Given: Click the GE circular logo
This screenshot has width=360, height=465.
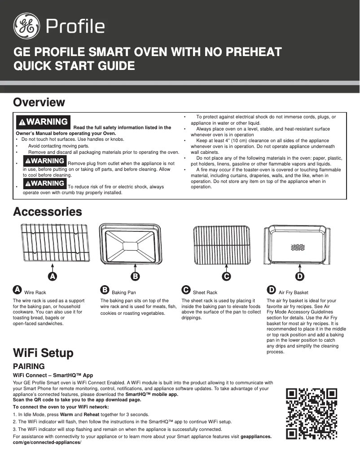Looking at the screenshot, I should click(26, 26).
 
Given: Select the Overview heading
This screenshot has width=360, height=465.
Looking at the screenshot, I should click(39, 102).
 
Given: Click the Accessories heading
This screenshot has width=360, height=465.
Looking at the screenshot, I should click(48, 212).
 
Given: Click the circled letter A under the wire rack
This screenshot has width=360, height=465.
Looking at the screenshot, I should click(53, 276).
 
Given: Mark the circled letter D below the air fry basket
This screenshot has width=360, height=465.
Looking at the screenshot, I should click(300, 276).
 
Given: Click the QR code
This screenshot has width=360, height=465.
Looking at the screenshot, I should click(312, 414).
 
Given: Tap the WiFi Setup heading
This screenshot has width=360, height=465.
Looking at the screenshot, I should click(43, 353).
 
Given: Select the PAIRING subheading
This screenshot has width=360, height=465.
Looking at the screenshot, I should click(29, 366).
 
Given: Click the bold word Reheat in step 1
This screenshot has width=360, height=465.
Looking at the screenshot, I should click(92, 414).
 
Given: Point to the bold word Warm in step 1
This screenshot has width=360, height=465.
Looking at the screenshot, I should click(66, 414).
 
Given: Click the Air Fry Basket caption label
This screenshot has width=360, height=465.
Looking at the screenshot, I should click(294, 292).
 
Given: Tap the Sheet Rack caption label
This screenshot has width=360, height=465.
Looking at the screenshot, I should click(205, 292).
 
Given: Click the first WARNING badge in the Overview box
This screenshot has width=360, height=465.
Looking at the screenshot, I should click(43, 122).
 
